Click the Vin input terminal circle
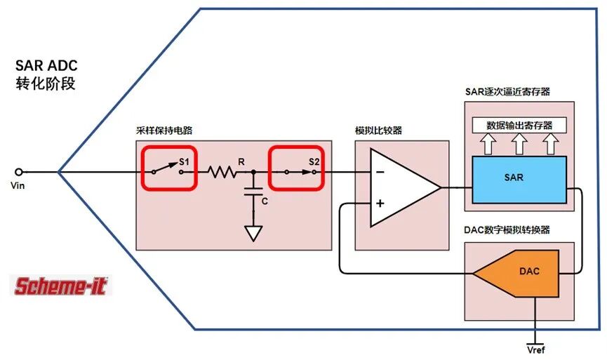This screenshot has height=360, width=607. [x=18, y=172]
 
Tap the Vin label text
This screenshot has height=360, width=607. [x=18, y=186]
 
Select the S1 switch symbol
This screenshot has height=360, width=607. [x=168, y=169]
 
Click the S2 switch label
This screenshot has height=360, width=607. [x=314, y=162]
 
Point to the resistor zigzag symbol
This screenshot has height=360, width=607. [x=222, y=172]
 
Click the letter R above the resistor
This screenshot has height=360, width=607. [x=241, y=162]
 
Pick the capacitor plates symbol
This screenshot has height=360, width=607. [x=253, y=192]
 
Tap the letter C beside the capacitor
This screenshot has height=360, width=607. [x=265, y=201]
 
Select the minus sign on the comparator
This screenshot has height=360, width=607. [x=380, y=172]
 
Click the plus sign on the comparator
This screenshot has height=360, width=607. [x=380, y=204]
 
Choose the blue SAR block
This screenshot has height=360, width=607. [x=519, y=180]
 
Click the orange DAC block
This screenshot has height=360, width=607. [x=516, y=273]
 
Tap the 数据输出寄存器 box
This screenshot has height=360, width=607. [x=519, y=125]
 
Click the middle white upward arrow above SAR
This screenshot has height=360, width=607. [x=519, y=144]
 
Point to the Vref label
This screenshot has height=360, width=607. [x=535, y=350]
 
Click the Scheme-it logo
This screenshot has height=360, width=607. [x=61, y=286]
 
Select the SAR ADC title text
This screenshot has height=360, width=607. [x=46, y=65]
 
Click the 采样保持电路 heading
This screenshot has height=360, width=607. [x=164, y=131]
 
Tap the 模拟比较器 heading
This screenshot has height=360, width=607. [x=379, y=131]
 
